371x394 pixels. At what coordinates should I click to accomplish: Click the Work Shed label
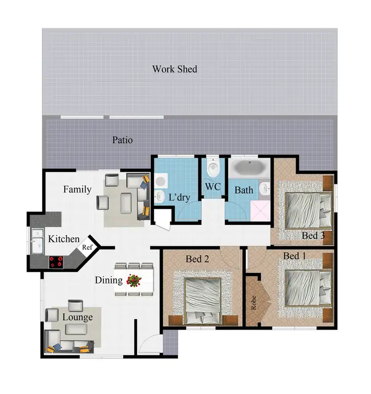[174, 69]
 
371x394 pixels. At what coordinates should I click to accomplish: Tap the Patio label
[122, 140]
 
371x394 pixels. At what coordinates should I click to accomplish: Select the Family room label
[77, 189]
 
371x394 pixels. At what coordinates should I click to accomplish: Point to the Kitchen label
[63, 239]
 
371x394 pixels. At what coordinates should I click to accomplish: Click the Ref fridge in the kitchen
[87, 246]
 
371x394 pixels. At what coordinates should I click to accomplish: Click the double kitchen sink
[37, 241]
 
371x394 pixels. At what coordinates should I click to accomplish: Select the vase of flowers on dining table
[134, 281]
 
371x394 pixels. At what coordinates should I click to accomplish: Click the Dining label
[108, 281]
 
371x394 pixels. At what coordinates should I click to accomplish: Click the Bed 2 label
[197, 259]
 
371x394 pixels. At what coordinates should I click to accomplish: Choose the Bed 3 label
[313, 236]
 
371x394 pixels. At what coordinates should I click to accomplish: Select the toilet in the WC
[213, 168]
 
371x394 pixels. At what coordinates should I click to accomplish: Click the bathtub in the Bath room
[249, 168]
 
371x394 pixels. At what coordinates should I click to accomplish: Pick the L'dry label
[180, 198]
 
